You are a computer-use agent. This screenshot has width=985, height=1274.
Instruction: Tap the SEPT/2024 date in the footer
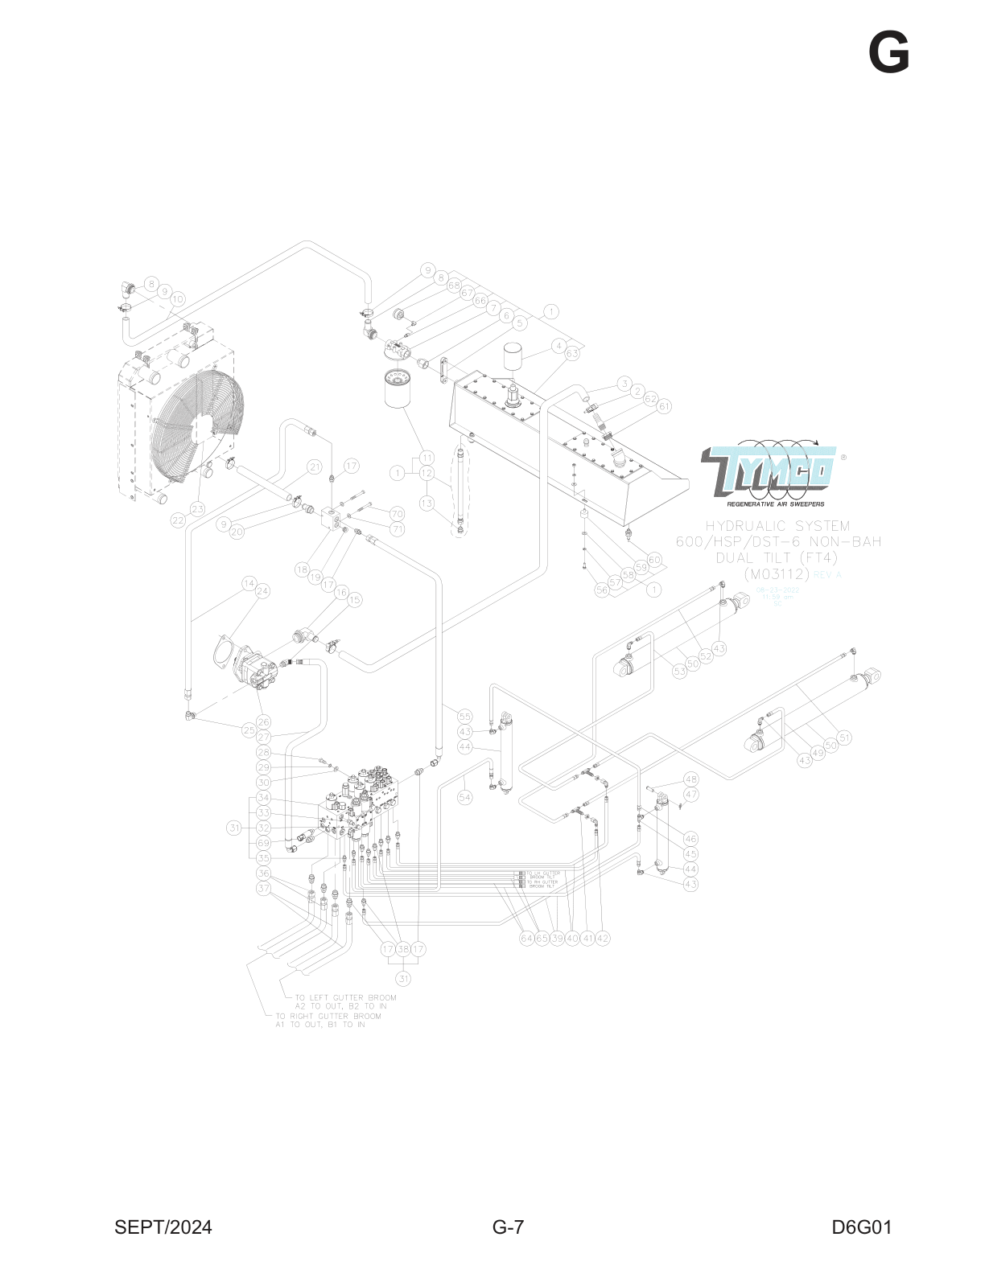163,1227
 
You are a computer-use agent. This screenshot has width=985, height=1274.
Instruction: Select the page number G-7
508,1227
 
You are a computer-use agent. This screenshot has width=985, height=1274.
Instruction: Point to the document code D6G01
862,1227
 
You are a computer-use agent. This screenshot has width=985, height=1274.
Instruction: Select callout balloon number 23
197,509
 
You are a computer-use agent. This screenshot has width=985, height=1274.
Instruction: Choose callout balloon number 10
178,299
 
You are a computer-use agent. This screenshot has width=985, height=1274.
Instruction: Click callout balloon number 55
464,716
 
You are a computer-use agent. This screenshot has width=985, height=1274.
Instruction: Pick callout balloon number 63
572,353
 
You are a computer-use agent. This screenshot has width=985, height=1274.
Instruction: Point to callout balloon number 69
263,843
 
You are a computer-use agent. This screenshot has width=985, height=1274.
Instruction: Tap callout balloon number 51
844,738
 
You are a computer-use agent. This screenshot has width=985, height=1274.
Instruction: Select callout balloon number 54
465,797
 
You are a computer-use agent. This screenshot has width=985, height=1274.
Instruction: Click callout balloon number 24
262,591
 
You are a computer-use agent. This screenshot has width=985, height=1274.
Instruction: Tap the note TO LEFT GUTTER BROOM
345,997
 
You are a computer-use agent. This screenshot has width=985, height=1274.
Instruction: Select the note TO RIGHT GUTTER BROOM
328,1016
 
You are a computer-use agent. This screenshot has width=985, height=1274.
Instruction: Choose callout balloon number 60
654,560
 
